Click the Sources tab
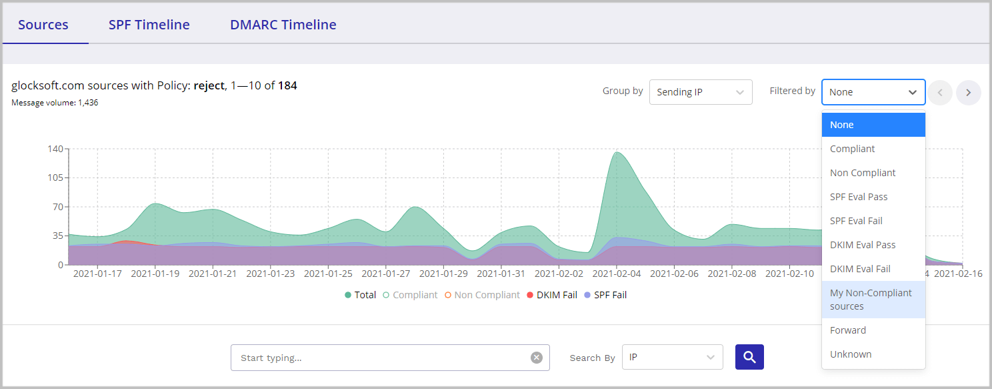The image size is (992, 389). [43, 25]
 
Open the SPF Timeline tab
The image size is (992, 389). [149, 25]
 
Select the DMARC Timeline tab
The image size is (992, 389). [283, 25]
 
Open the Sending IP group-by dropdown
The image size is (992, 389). [701, 92]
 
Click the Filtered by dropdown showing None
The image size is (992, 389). [873, 92]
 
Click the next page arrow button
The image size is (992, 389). [968, 93]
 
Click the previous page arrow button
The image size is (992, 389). [940, 93]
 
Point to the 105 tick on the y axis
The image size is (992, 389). [55, 177]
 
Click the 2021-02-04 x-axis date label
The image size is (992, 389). [616, 274]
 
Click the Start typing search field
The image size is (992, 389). [383, 358]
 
